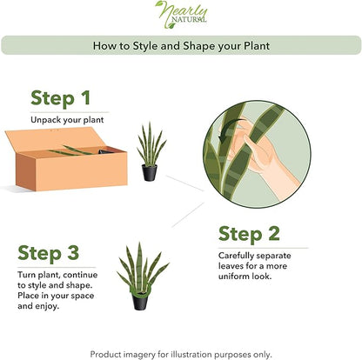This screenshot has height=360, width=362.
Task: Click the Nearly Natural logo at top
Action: point(181,13)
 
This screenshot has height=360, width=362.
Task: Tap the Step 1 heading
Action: point(60,98)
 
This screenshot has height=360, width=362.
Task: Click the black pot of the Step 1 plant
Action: point(149,172)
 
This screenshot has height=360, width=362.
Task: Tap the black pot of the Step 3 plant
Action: point(139,300)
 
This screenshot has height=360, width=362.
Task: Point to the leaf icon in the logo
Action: point(163,9)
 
